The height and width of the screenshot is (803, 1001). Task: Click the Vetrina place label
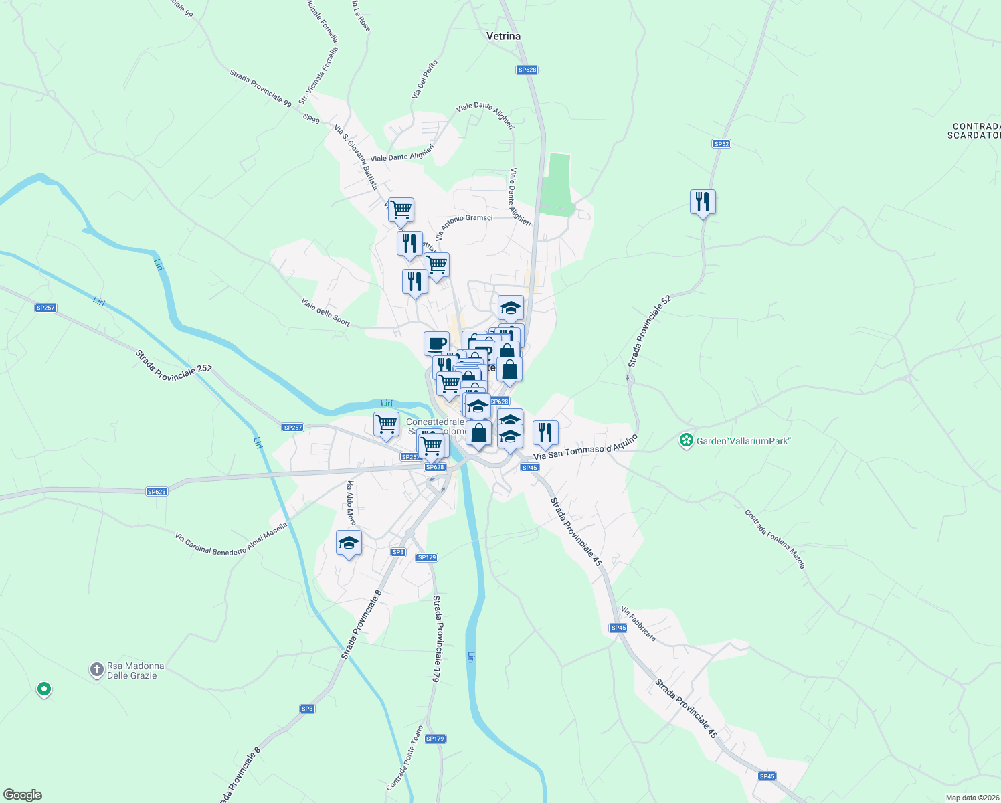[x=503, y=36]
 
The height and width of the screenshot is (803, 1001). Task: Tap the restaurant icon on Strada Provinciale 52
[x=703, y=201]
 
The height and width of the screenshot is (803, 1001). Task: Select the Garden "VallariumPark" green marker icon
[x=686, y=440]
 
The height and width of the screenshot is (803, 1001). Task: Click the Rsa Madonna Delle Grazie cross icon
[x=97, y=669]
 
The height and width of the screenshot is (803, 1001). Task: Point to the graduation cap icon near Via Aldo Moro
[x=349, y=543]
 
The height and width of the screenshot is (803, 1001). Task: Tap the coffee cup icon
[x=436, y=344]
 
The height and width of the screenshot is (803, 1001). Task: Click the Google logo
[x=23, y=795]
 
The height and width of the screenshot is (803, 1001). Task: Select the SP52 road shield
[x=721, y=144]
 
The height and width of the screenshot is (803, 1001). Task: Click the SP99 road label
[x=311, y=118]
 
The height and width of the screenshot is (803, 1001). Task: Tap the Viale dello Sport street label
[x=326, y=312]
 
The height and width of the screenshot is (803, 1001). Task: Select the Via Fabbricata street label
[x=638, y=624]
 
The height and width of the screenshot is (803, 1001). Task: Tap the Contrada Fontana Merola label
[x=775, y=539]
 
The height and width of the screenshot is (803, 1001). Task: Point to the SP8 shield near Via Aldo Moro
[x=398, y=552]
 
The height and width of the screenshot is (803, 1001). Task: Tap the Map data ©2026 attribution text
[x=971, y=798]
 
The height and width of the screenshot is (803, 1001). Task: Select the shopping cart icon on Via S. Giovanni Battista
[x=401, y=209]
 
